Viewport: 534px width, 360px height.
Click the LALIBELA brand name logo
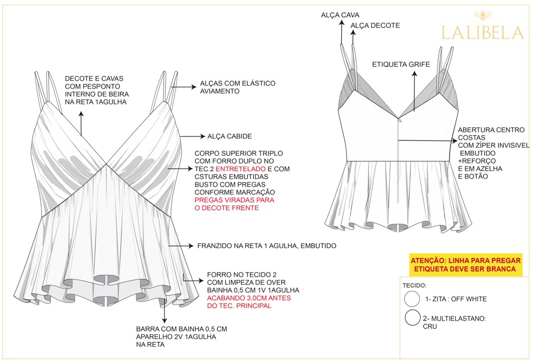pos(482,33)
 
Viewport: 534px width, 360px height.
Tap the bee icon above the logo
pos(483,15)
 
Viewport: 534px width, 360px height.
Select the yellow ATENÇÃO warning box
pos(466,265)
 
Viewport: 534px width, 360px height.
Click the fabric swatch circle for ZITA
pos(412,299)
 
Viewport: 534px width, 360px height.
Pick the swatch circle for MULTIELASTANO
pos(412,318)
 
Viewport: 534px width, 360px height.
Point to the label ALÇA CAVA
pos(340,15)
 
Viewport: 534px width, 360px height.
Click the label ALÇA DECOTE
pos(375,25)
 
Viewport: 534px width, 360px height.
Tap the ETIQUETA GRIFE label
pos(401,64)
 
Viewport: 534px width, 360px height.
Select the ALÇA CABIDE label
pos(229,136)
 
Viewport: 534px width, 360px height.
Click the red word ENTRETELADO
pos(240,169)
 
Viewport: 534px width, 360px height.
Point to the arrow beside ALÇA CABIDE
pos(192,136)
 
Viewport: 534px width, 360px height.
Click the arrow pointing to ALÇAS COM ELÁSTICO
pos(184,87)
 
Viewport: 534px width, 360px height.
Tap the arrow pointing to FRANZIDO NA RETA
pos(181,245)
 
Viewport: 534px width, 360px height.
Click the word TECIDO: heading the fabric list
pos(414,285)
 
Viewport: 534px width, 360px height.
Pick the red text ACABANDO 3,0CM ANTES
pos(249,298)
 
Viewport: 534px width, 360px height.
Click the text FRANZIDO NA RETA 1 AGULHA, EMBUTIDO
pos(266,246)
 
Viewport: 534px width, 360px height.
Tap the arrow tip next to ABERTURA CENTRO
pos(456,140)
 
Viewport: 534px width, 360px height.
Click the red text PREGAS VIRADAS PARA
pos(234,200)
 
